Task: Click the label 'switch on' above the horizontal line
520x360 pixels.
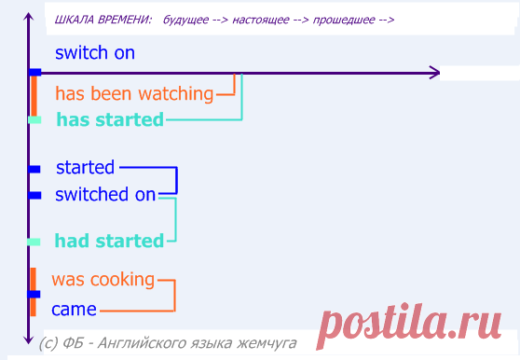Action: click(x=95, y=53)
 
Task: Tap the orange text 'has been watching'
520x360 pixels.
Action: click(x=134, y=93)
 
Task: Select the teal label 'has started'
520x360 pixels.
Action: click(x=110, y=119)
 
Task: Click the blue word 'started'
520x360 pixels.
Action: click(x=85, y=167)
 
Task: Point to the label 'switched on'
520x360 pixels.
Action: click(x=105, y=194)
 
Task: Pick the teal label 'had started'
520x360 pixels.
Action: click(x=109, y=241)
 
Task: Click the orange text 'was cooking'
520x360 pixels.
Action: click(x=103, y=280)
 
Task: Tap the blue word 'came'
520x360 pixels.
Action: click(x=74, y=310)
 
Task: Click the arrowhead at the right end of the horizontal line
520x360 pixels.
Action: click(x=435, y=73)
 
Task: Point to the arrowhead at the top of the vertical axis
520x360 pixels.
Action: click(x=29, y=17)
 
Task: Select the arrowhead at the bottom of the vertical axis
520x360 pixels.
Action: click(x=29, y=339)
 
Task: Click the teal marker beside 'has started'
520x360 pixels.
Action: click(x=34, y=119)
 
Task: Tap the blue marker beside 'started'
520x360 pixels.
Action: click(x=34, y=169)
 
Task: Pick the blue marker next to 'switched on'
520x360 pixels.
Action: click(x=34, y=196)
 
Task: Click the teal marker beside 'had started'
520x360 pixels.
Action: click(x=34, y=242)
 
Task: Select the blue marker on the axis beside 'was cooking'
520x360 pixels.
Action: click(x=34, y=295)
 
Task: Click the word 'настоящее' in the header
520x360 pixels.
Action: click(x=261, y=20)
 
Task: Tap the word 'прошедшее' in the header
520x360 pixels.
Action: click(x=344, y=20)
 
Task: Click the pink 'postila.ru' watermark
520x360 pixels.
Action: click(x=408, y=325)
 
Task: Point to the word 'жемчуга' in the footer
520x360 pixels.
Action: click(x=267, y=343)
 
